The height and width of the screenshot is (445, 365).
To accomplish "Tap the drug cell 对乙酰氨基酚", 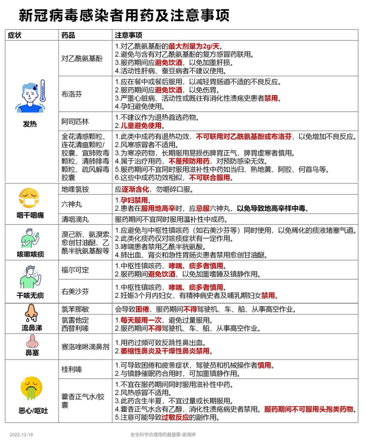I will coord(82,58).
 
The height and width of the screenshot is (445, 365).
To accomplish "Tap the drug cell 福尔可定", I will coord(75,269).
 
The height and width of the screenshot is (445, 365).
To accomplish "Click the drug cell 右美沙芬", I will coord(75,292).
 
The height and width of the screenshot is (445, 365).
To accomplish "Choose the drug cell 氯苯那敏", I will coord(75,309).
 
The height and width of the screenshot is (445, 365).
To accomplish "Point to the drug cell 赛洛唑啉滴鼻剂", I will coord(85,347).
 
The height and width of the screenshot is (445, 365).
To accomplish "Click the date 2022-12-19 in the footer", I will coord(21,435).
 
